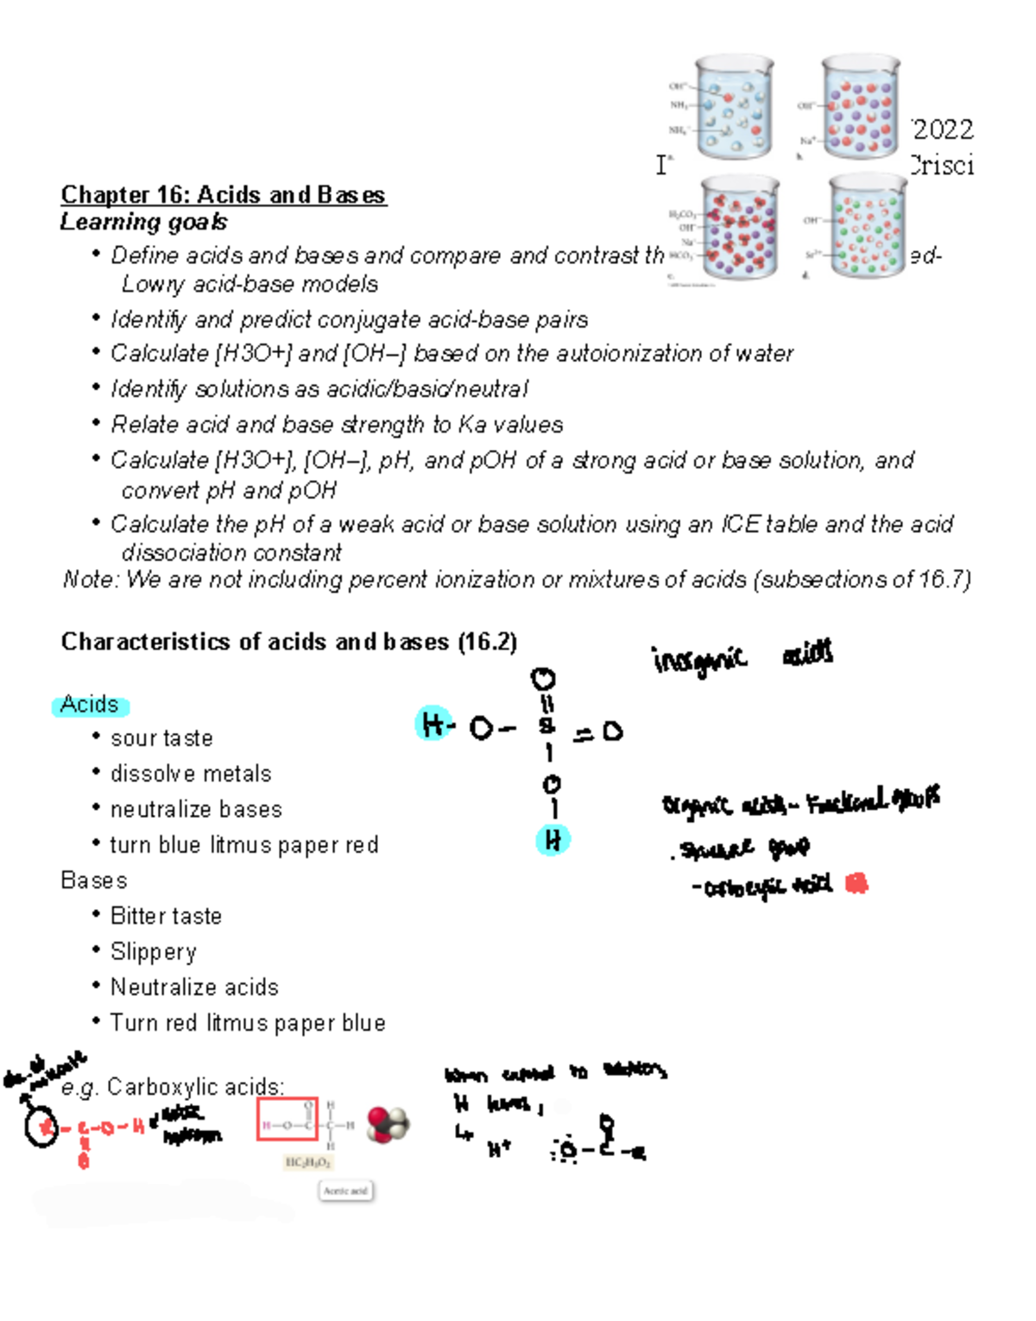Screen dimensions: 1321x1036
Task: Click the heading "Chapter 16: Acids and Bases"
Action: point(223,195)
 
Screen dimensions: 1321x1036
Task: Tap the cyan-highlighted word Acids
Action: point(90,705)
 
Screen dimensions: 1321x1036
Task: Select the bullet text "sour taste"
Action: point(161,738)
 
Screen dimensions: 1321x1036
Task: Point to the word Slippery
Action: point(154,951)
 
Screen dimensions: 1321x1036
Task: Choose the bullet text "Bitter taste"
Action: point(166,916)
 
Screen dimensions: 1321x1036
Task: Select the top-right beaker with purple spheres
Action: point(860,108)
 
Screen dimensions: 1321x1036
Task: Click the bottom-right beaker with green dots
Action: point(866,226)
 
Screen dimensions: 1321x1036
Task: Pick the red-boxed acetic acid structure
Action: point(287,1120)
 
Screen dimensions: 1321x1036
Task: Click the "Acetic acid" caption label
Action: point(345,1191)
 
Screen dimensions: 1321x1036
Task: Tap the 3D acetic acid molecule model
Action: point(388,1125)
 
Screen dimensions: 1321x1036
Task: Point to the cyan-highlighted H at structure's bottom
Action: point(553,840)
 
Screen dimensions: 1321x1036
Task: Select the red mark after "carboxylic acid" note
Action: point(856,883)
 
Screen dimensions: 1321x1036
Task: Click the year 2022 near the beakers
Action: point(943,130)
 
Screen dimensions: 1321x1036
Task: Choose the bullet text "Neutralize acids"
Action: point(194,987)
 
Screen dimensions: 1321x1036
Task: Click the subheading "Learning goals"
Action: point(143,222)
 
